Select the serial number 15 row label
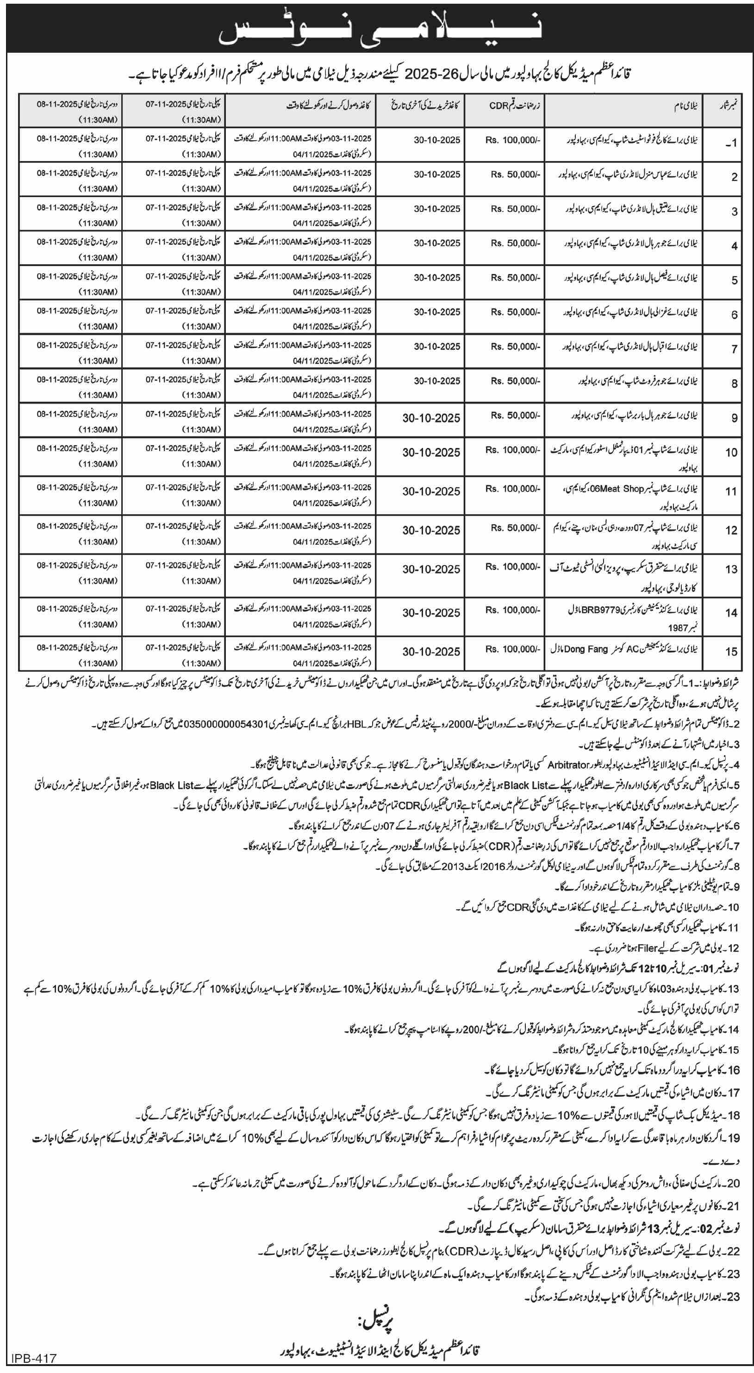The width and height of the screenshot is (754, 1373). click(x=730, y=651)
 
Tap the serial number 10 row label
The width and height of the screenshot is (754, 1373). click(x=730, y=453)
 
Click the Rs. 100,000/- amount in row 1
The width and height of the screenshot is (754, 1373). click(x=512, y=140)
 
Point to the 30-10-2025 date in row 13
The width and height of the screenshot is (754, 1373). click(x=431, y=569)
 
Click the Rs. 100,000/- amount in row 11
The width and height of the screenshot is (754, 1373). click(x=512, y=489)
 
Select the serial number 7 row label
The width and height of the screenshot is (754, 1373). click(x=734, y=349)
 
